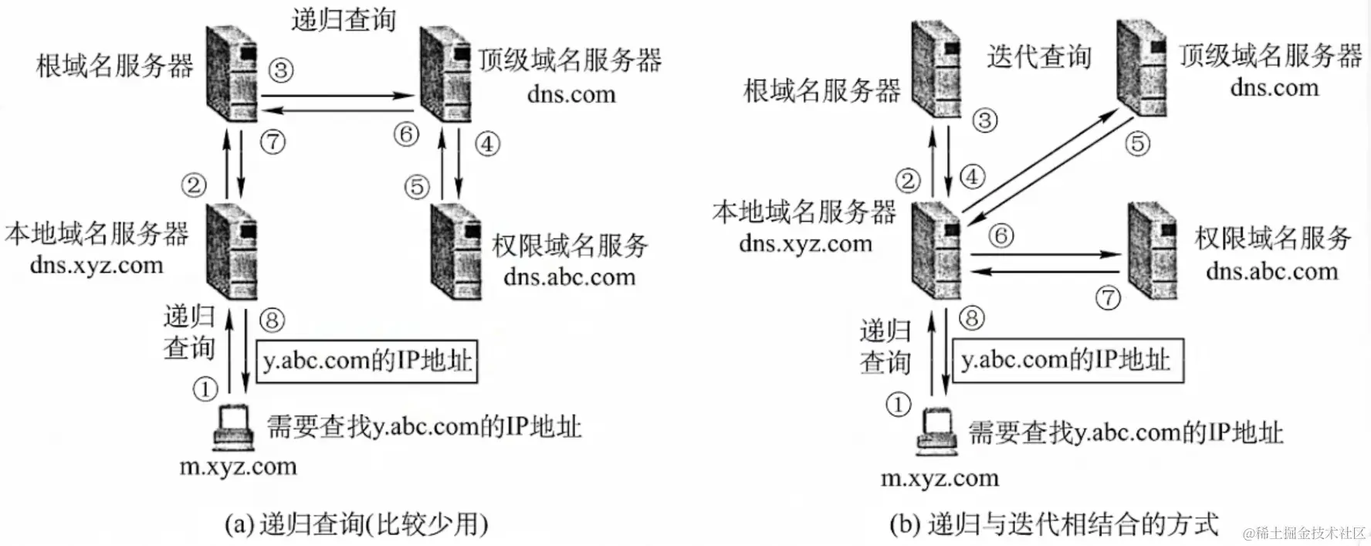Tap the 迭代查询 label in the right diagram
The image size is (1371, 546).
1038,56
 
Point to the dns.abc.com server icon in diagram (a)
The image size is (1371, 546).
455,252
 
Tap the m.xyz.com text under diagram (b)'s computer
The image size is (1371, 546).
939,478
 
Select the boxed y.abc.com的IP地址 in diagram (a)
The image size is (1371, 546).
367,361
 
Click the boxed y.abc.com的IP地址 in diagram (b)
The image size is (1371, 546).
1067,360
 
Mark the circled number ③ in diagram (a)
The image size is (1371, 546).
281,70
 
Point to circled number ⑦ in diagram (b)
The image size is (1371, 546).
1108,297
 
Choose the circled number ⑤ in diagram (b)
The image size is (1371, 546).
1137,143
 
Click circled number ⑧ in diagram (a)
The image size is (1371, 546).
272,319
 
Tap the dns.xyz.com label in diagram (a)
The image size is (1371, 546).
96,265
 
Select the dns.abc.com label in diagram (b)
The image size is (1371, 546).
1271,271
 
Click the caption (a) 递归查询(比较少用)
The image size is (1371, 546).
356,524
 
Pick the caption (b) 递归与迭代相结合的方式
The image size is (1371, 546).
1054,524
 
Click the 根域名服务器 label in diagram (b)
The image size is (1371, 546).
821,90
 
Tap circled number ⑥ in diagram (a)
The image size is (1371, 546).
406,134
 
